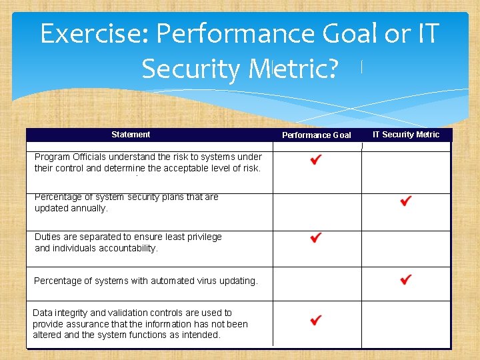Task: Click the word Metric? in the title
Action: coord(293,68)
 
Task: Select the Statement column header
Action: coord(131,135)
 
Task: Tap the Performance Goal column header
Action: coord(316,135)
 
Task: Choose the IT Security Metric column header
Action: coord(405,135)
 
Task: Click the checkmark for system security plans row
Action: coord(405,201)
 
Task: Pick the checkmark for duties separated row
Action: coord(316,238)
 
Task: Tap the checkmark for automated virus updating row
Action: coord(405,279)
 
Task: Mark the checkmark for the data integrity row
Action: coord(316,321)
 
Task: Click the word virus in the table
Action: coord(195,281)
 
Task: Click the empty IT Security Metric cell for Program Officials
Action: coord(405,172)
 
